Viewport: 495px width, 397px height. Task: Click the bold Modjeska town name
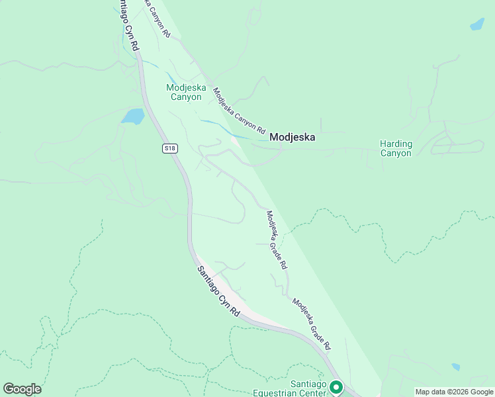pos(292,138)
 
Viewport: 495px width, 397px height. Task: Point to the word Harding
pos(396,144)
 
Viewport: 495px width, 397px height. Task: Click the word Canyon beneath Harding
pos(396,154)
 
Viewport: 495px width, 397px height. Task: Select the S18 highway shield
pos(170,148)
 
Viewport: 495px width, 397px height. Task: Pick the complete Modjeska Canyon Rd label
pos(239,110)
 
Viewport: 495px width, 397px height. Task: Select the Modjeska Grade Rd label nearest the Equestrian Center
pos(311,324)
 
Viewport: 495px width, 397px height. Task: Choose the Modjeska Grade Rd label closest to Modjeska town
pos(276,240)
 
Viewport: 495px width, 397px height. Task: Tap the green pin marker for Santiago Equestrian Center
pos(337,386)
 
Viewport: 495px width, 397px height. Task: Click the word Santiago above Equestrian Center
pos(309,384)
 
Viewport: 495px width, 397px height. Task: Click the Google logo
pos(22,389)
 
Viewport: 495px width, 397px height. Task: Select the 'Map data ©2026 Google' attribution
pos(454,392)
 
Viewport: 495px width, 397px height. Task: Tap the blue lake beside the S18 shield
pos(132,116)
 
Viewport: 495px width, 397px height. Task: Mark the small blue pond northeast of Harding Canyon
pos(476,24)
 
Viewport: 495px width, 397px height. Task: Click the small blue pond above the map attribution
pos(455,367)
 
